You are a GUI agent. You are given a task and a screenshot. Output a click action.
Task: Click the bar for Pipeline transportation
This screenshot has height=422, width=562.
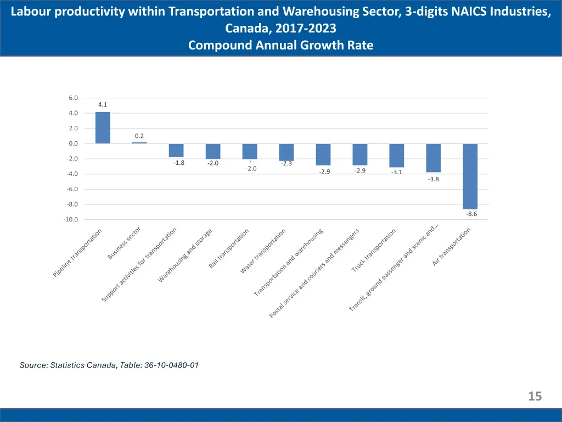point(103,128)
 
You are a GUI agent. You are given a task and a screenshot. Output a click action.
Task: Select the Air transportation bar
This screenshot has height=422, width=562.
point(470,176)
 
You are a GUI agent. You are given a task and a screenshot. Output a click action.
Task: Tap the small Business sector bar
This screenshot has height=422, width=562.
point(139,143)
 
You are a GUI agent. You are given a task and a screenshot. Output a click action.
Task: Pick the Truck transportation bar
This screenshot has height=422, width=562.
point(397,156)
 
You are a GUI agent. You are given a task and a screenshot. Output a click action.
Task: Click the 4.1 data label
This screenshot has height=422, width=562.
point(103,104)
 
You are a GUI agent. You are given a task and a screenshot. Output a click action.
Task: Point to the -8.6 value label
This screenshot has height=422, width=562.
point(471,214)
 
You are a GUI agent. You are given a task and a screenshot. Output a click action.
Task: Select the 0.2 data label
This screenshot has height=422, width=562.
point(139,136)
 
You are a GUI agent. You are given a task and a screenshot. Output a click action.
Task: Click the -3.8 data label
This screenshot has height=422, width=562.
point(434,179)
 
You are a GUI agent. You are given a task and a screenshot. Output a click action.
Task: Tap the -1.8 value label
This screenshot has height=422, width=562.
point(179,163)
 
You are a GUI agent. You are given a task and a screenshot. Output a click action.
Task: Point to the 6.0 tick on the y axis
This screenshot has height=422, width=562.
point(74,98)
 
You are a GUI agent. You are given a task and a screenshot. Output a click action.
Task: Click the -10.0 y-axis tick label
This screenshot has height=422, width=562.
point(71,219)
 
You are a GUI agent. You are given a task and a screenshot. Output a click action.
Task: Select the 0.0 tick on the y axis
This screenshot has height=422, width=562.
point(74,143)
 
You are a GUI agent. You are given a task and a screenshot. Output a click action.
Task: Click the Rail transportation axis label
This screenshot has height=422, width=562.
point(229,248)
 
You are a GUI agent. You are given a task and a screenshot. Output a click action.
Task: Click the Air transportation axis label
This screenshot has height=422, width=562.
point(451,247)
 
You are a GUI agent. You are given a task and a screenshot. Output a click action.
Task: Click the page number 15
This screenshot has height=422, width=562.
point(535,396)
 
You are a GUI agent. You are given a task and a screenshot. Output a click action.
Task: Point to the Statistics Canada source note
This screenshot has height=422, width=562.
point(109,364)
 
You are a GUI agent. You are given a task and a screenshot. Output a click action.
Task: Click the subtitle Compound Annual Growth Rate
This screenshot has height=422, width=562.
point(280,46)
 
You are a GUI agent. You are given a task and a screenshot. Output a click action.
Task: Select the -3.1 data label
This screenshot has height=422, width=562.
point(397,173)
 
